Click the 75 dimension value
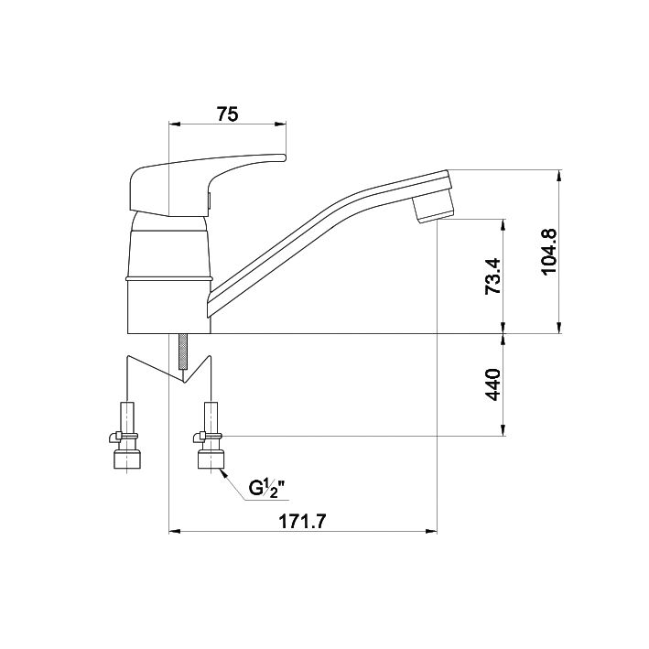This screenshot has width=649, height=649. [x=228, y=114]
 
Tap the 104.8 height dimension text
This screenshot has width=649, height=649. [x=550, y=252]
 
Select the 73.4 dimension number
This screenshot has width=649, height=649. [x=493, y=276]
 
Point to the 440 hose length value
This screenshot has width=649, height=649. [x=493, y=384]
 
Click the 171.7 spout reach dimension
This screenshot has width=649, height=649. [x=303, y=522]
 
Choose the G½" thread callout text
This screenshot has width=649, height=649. [x=267, y=489]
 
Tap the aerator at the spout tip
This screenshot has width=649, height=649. [x=434, y=208]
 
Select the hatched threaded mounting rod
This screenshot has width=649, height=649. [x=182, y=352]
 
